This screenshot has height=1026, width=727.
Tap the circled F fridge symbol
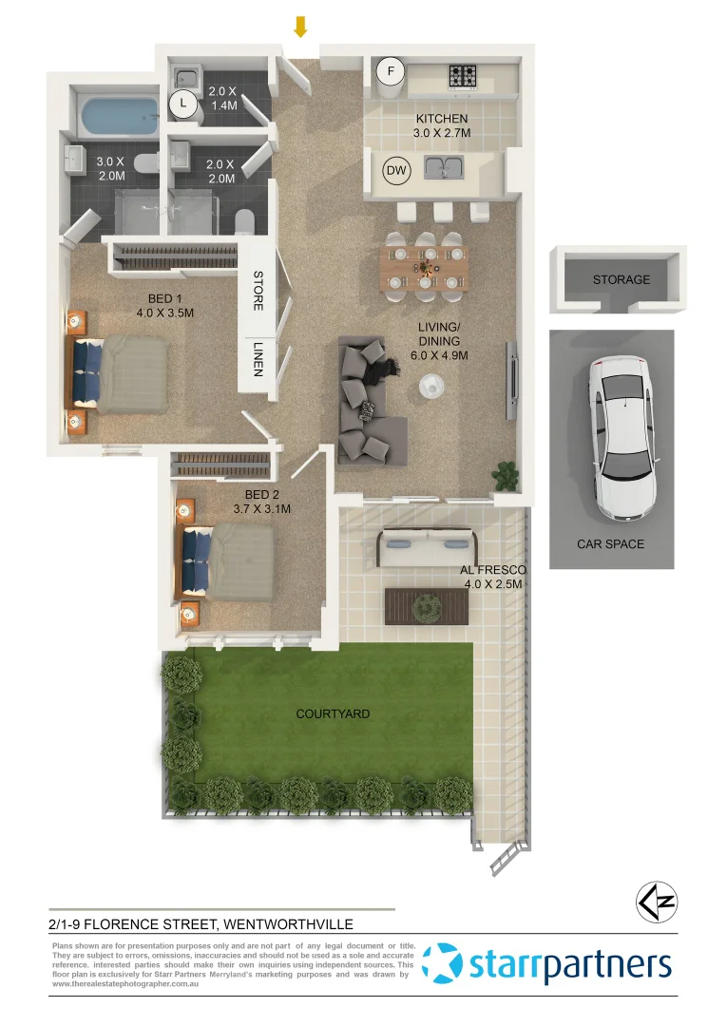point(389,70)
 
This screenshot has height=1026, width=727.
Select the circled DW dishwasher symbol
point(396,171)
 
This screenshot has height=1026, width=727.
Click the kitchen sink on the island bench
point(444,170)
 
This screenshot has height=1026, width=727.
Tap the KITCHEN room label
point(442,119)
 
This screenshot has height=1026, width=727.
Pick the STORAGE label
point(622,279)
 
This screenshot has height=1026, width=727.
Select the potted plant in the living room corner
point(503,472)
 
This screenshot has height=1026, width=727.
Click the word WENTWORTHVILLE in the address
point(296,922)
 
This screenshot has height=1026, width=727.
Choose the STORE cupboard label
point(258,291)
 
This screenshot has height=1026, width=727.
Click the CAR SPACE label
point(610,544)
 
